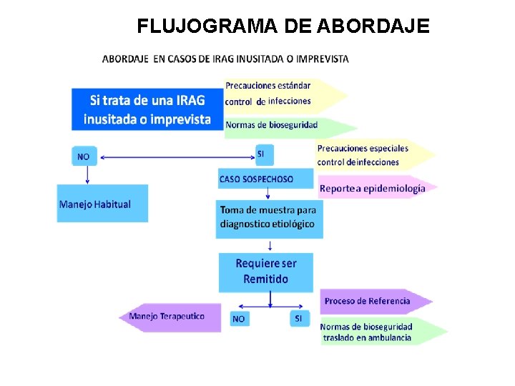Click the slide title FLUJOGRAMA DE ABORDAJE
pos(283,26)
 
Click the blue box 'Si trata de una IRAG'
pos(147,109)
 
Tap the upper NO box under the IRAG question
pos(84,156)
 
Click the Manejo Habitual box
pos(102,204)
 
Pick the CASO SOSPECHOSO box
pos(265,179)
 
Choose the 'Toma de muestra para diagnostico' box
pos(269,217)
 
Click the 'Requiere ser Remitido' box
pos(266,271)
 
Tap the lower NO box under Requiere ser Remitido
pos(238,319)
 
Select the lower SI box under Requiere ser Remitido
pos(298,318)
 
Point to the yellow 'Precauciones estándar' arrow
pos(283,94)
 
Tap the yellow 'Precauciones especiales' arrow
pos(372,155)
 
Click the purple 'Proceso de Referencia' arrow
pos(373,301)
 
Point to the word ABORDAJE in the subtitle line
pos(126,59)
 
